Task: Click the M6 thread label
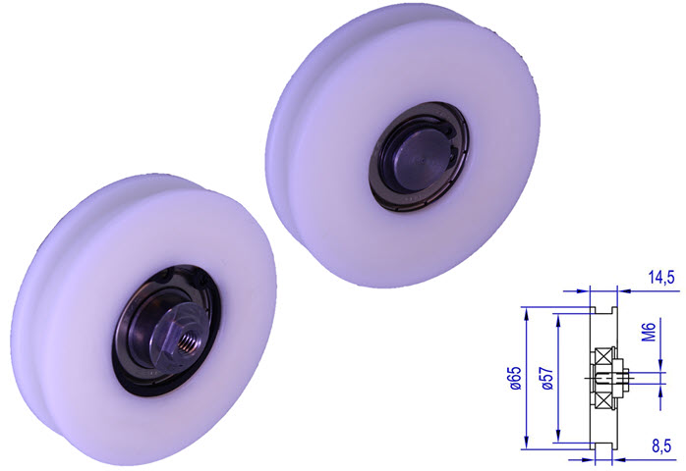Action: point(648,337)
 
